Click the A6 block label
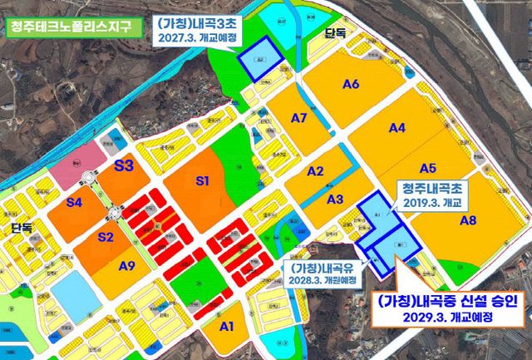[350, 84]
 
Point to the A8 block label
[468, 220]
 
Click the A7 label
[299, 118]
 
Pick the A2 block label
[315, 171]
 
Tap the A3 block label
[335, 199]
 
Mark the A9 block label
[127, 266]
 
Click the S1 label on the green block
[202, 180]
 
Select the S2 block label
[106, 237]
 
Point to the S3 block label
[124, 166]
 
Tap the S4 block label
[74, 202]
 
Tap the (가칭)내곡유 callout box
[323, 274]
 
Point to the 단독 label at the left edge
[21, 227]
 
